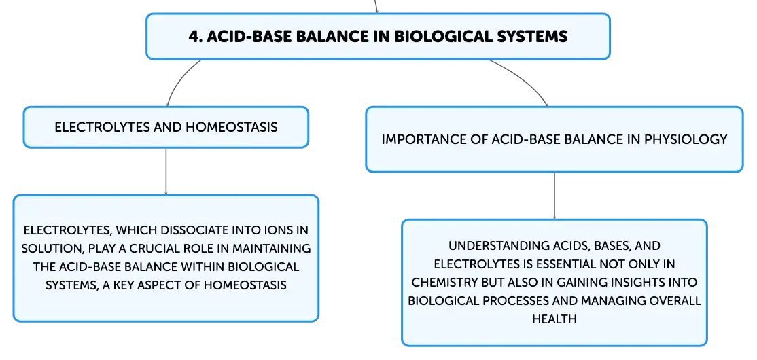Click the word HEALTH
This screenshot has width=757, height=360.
click(x=554, y=319)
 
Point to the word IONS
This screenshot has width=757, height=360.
click(x=279, y=230)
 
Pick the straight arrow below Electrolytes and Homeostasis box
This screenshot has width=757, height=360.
click(x=166, y=171)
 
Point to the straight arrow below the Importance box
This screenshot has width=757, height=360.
click(x=554, y=196)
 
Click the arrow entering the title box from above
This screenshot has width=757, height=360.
click(x=376, y=6)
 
